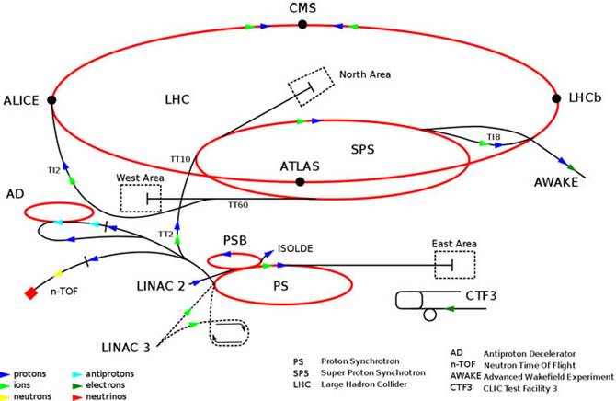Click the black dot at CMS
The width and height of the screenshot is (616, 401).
coord(302,25)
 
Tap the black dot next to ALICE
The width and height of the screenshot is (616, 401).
coord(51,99)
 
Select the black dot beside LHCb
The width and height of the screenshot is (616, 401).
coord(556,98)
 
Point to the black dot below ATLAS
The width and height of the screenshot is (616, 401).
coord(300,181)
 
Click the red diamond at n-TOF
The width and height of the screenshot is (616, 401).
coord(30,293)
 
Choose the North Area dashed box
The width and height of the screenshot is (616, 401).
coord(310,86)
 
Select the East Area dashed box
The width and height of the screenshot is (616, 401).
coord(454,264)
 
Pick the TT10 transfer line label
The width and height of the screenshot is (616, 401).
coord(180,159)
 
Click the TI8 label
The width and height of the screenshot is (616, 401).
coord(494,137)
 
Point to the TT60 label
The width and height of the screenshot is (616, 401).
coord(237,204)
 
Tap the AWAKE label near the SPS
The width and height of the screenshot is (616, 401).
coord(556,182)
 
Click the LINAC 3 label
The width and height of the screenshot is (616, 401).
coord(127,346)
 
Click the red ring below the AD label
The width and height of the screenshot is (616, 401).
coord(59,212)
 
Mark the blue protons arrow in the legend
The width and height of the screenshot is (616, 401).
coord(6,375)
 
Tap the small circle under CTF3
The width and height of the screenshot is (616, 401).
coord(429,315)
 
